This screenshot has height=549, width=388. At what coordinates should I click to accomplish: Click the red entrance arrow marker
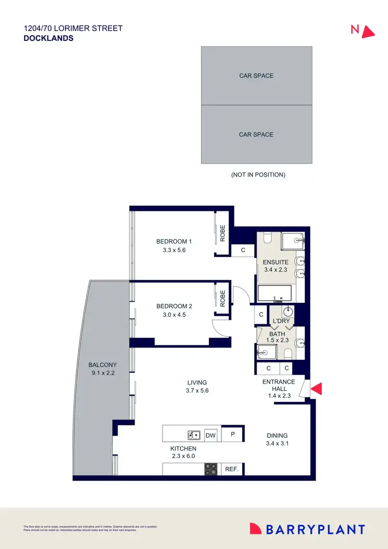316,388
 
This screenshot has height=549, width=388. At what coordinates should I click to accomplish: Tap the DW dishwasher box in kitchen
211,435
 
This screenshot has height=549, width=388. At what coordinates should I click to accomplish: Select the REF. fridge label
231,469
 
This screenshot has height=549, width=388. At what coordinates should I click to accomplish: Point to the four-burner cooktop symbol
211,469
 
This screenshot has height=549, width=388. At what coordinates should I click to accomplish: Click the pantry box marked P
232,434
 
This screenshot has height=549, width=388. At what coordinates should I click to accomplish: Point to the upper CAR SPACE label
256,76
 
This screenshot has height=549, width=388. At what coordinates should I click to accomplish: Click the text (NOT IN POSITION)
258,175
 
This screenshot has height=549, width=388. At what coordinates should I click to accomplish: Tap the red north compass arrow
367,32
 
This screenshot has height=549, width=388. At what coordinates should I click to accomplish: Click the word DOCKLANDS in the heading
49,38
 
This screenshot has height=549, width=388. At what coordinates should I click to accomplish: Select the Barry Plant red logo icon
256,529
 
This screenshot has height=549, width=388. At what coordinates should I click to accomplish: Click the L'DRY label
281,321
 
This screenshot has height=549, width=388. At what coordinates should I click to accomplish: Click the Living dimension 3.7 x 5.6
197,391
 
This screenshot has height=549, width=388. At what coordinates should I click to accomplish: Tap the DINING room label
277,436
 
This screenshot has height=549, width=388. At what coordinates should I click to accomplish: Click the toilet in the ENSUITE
267,238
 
